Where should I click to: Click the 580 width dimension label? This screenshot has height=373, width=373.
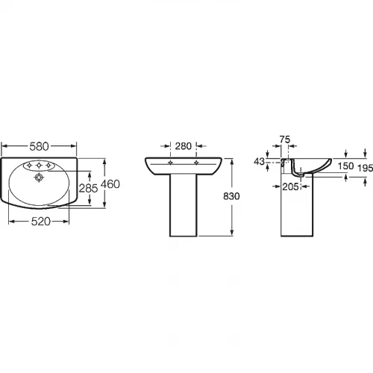[x=39, y=146]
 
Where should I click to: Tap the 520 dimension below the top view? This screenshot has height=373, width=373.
[x=41, y=222]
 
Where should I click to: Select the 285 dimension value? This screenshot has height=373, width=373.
[x=89, y=188]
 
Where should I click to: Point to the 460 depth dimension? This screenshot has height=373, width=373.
[x=110, y=184]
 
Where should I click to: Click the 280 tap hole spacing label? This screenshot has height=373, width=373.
[x=184, y=146]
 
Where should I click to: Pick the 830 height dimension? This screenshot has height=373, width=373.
[x=231, y=196]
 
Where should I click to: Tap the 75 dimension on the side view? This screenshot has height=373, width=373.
[x=285, y=140]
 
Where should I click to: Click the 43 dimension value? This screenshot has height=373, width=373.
[x=259, y=162]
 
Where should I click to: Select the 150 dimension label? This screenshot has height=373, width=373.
[x=345, y=166]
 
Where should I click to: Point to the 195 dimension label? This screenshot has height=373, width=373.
[x=365, y=169]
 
